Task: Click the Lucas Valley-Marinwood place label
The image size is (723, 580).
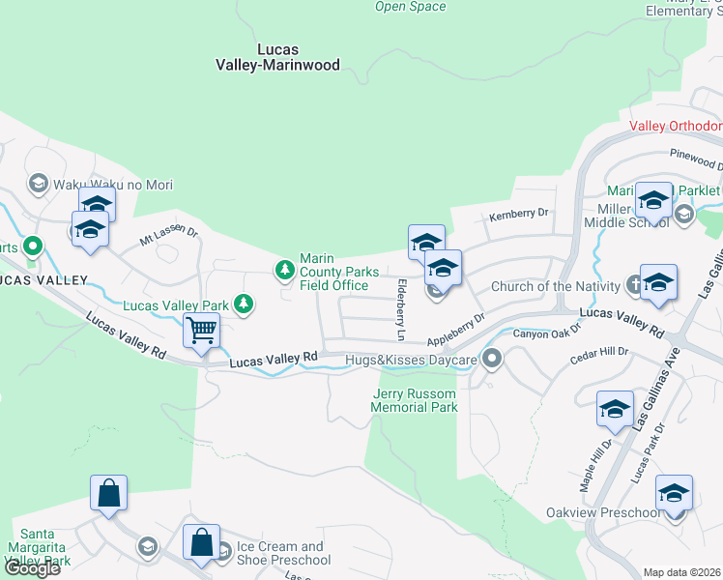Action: click(277, 57)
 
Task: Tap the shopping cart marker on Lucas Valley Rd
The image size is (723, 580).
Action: click(202, 331)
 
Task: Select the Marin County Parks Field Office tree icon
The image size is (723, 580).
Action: click(285, 270)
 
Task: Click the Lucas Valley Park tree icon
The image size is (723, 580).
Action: click(245, 305)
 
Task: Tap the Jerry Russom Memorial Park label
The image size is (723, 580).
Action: click(415, 400)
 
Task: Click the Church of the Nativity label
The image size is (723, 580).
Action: click(555, 286)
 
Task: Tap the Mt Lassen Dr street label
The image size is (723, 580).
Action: click(168, 234)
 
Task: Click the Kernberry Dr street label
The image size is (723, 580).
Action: click(519, 213)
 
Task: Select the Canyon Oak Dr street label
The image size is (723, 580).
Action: click(546, 333)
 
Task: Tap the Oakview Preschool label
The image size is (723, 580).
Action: click(603, 512)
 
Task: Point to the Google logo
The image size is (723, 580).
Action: click(32, 568)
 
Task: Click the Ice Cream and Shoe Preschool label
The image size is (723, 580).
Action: click(283, 553)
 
